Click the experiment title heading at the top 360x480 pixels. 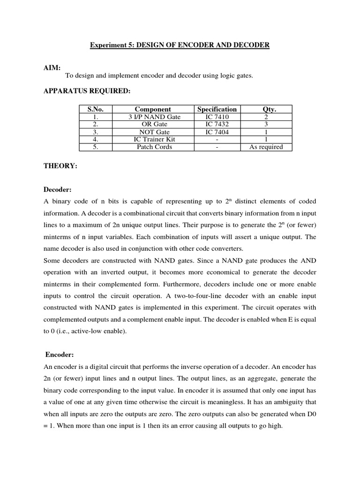click(x=180, y=45)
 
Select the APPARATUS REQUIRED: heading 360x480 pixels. click(x=87, y=91)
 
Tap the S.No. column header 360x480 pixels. click(x=95, y=109)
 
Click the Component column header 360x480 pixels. click(x=153, y=109)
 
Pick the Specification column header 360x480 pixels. click(x=217, y=109)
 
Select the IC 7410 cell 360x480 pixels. click(x=217, y=117)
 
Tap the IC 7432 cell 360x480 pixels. click(x=217, y=124)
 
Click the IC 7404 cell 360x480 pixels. click(x=217, y=132)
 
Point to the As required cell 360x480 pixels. click(x=266, y=147)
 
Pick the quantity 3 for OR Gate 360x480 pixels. click(x=266, y=124)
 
